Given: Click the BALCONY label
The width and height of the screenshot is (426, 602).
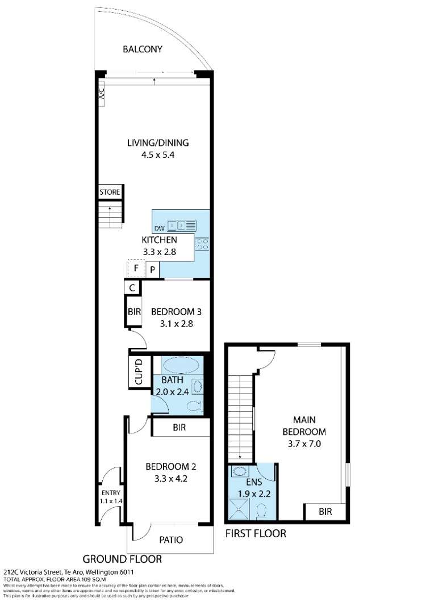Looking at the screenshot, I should [143, 49].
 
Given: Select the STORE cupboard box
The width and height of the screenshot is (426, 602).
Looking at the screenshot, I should [110, 192].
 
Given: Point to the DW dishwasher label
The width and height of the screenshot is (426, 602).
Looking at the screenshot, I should [159, 228].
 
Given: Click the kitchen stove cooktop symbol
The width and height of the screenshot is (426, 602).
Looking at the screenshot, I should [202, 245].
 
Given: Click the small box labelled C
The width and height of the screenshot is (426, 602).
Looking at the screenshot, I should [132, 288].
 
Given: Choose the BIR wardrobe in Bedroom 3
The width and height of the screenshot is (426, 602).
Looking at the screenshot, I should [134, 312].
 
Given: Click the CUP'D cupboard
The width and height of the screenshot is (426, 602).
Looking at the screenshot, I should [140, 371].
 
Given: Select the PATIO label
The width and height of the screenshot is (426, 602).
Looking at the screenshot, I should [170, 540].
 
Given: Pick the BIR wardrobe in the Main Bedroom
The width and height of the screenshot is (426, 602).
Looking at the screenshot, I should [325, 511].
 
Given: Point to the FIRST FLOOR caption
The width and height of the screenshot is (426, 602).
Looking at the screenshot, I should [256, 533].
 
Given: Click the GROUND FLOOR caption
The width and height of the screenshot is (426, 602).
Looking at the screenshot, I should [122, 559].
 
